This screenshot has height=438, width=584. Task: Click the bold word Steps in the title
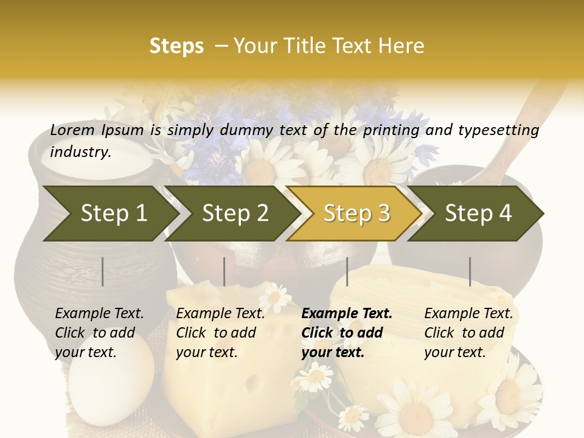coord(176,46)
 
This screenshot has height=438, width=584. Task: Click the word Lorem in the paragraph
coord(72,130)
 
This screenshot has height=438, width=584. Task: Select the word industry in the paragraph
coord(80,151)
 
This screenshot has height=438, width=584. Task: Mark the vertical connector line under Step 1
coord(103,271)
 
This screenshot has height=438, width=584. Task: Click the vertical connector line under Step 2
coord(224,271)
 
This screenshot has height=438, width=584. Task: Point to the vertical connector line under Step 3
coord(347,271)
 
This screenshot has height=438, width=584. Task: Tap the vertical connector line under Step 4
coord(470,271)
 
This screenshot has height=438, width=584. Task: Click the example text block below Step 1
coord(99,333)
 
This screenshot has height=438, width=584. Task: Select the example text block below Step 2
coord(220,333)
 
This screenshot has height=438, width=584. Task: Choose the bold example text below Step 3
coord(346,333)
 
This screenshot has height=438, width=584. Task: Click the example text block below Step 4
coord(468,333)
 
